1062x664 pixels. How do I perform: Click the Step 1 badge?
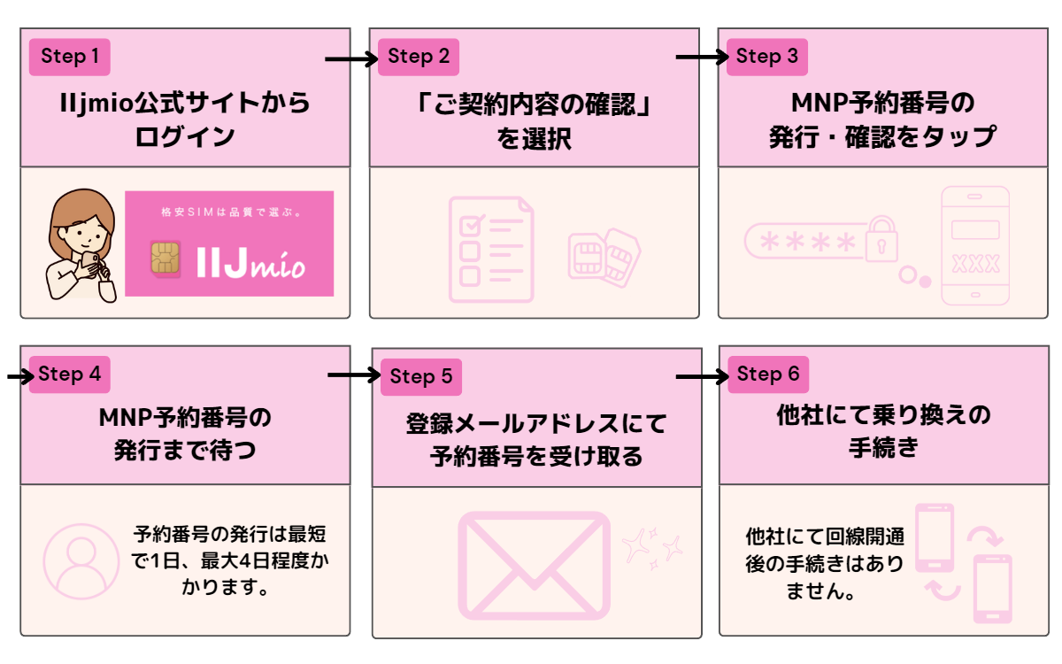(x=70, y=58)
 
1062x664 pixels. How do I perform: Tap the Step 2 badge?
(x=419, y=58)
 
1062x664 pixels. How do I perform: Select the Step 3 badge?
(x=767, y=58)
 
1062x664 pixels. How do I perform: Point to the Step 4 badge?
(x=70, y=374)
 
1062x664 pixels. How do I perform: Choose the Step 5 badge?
(x=420, y=377)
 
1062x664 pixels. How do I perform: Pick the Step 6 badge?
(x=767, y=374)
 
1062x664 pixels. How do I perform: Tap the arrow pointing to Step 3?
(x=700, y=58)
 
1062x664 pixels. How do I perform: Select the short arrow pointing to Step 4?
(x=19, y=377)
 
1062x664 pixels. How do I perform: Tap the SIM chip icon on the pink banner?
(x=165, y=258)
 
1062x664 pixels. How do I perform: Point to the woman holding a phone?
(x=80, y=246)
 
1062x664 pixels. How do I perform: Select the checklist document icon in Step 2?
(x=490, y=248)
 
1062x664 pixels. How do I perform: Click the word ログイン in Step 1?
(x=185, y=138)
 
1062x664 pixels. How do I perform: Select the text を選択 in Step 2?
(x=534, y=138)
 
